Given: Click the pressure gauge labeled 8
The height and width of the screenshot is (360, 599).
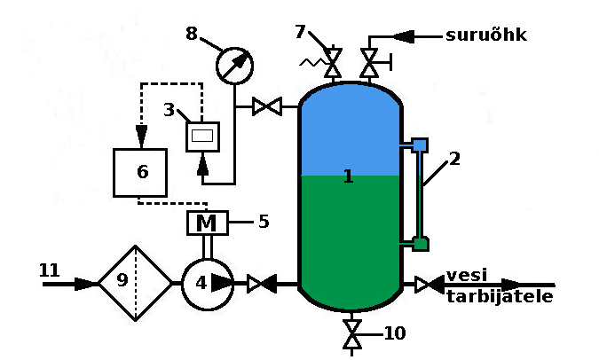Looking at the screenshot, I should [234, 65].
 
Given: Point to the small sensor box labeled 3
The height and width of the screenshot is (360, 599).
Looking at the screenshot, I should [202, 136].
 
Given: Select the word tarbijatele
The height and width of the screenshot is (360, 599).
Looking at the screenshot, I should [499, 296].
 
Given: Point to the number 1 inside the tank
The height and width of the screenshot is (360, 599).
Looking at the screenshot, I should [348, 176].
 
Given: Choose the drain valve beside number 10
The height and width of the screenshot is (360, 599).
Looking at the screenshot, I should [352, 335].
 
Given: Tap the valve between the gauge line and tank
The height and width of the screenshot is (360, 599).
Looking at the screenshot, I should [266, 107].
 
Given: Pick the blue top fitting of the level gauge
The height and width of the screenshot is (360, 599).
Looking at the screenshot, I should [420, 144].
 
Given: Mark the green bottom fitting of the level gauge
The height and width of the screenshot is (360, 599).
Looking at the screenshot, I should [421, 244].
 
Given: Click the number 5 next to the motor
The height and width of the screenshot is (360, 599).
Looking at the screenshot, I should [263, 221].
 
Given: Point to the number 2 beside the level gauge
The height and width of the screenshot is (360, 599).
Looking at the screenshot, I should [454, 160].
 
